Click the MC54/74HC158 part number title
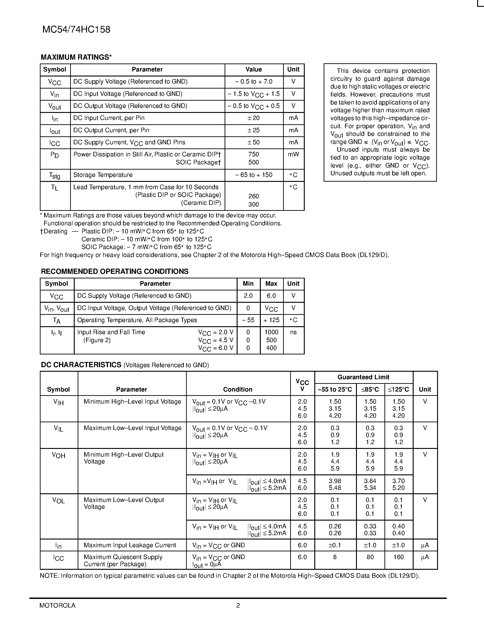[76, 30]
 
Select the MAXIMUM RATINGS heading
[76, 57]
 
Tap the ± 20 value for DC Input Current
[254, 118]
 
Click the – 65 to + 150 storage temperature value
[254, 175]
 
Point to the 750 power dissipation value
[254, 155]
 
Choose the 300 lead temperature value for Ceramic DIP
[254, 204]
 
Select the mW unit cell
[293, 155]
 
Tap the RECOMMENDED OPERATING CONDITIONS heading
[115, 271]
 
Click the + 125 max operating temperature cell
[271, 320]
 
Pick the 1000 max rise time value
[271, 332]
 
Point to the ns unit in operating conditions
[293, 332]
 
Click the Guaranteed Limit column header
[363, 377]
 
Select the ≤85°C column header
[370, 389]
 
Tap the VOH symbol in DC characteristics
[59, 455]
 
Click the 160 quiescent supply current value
[398, 557]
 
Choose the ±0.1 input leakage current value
[335, 545]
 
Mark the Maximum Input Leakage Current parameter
[130, 545]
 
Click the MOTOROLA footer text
[57, 605]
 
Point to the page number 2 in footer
[238, 605]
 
